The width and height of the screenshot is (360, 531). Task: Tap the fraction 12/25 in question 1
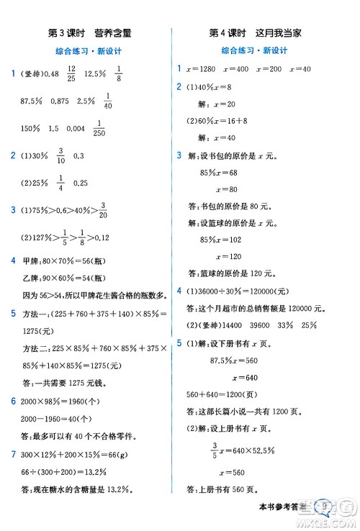[x=71, y=73]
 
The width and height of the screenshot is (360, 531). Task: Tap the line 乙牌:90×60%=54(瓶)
[x=66, y=277]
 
